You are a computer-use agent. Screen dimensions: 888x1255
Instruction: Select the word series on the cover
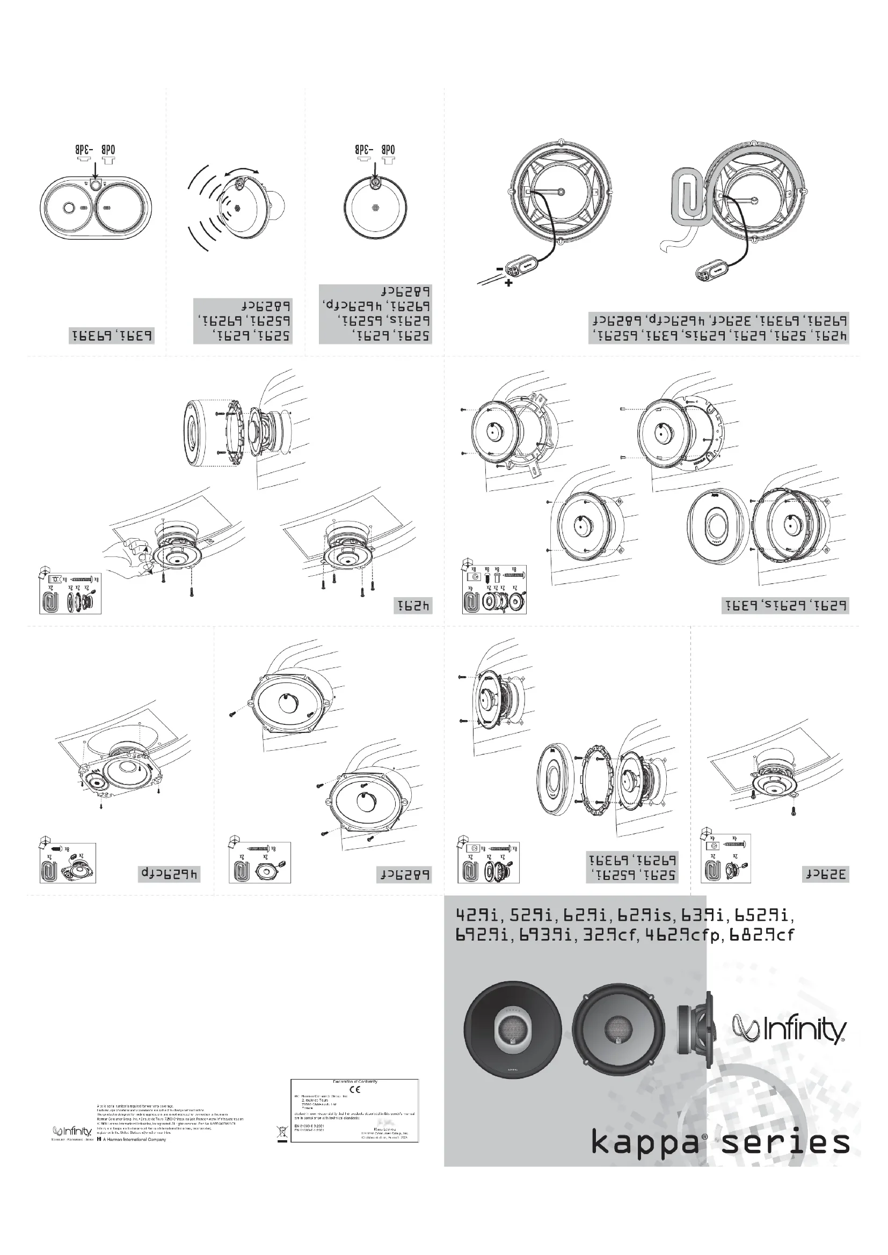[786, 1142]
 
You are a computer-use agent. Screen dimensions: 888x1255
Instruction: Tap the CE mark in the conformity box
[355, 1089]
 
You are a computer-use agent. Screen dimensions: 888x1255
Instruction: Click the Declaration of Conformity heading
[355, 1081]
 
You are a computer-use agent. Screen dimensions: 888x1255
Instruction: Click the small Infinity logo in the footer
[71, 1131]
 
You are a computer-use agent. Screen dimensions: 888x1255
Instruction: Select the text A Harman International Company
[135, 1140]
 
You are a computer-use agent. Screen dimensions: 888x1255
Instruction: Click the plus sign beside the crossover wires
[508, 283]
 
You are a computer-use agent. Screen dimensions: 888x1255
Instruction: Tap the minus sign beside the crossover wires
[499, 269]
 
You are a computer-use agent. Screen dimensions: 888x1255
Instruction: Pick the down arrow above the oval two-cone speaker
[96, 171]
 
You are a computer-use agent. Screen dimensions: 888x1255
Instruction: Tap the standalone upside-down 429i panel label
[413, 606]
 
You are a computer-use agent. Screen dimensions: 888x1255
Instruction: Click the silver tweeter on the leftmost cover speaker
[512, 1029]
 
